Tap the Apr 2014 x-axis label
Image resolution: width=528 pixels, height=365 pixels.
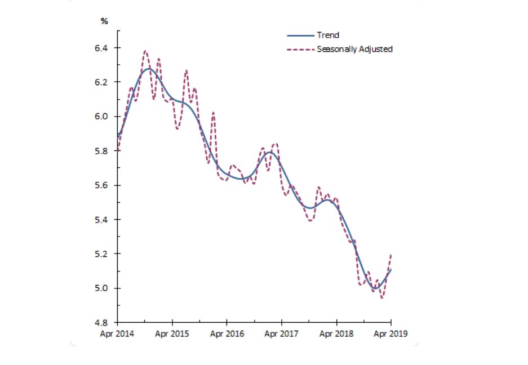117,334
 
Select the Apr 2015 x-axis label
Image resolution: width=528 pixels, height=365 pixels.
172,334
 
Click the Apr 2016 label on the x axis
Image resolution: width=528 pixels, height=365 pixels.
227,334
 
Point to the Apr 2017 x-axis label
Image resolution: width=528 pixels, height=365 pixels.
282,334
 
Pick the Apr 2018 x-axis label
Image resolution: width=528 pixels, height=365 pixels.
336,334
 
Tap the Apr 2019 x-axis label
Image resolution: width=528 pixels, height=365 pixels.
391,334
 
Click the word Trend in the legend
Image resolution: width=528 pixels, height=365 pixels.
328,35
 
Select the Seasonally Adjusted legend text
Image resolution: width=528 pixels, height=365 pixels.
354,49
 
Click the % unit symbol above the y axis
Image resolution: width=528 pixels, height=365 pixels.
104,21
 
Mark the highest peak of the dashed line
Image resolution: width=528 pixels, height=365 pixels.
145,51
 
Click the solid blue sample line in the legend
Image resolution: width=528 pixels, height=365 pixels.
300,35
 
